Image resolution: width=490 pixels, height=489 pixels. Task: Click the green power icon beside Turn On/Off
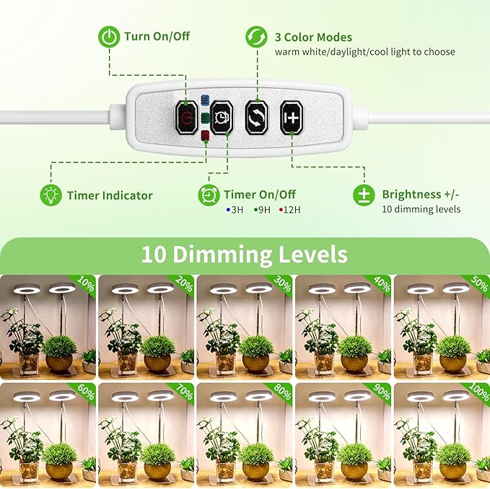(108, 37)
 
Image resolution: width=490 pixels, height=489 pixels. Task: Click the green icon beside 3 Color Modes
(256, 37)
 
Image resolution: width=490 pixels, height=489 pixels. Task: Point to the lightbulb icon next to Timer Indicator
(50, 195)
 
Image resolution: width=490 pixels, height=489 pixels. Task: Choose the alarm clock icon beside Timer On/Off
(208, 195)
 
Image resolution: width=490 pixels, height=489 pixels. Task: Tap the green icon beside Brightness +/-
(364, 195)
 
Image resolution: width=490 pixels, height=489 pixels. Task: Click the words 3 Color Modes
(313, 37)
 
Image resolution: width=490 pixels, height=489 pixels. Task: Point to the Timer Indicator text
(110, 195)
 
